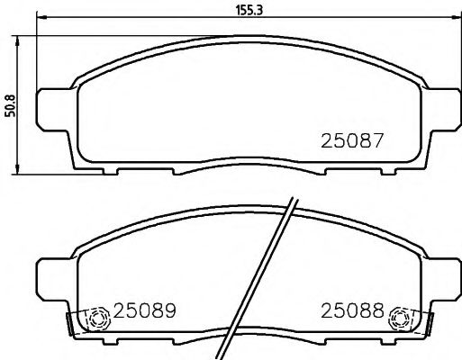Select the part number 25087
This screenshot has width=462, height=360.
click(x=353, y=141)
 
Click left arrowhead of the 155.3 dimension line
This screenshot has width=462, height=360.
click(x=41, y=19)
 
